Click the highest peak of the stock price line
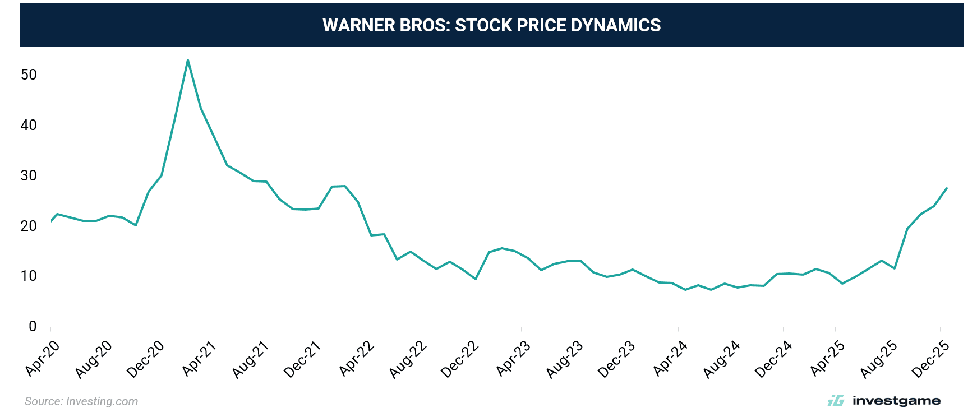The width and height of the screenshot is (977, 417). coord(188,60)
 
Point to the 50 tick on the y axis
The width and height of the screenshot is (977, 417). coord(29,75)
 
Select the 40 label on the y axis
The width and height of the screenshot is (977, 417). coord(29,125)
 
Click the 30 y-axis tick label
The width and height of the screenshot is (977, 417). coord(29,175)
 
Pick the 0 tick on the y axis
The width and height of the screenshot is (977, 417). coord(33,326)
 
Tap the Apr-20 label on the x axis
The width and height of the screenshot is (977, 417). coord(42,359)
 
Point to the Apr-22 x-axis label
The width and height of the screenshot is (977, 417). coord(356,359)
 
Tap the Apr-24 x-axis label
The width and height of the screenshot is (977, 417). coord(670,359)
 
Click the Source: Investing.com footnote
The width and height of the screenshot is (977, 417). coord(81,401)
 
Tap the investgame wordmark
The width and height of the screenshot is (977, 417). coord(896,401)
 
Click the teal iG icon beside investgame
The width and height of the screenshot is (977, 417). coord(836,401)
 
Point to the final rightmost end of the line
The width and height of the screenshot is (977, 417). coord(947,188)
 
